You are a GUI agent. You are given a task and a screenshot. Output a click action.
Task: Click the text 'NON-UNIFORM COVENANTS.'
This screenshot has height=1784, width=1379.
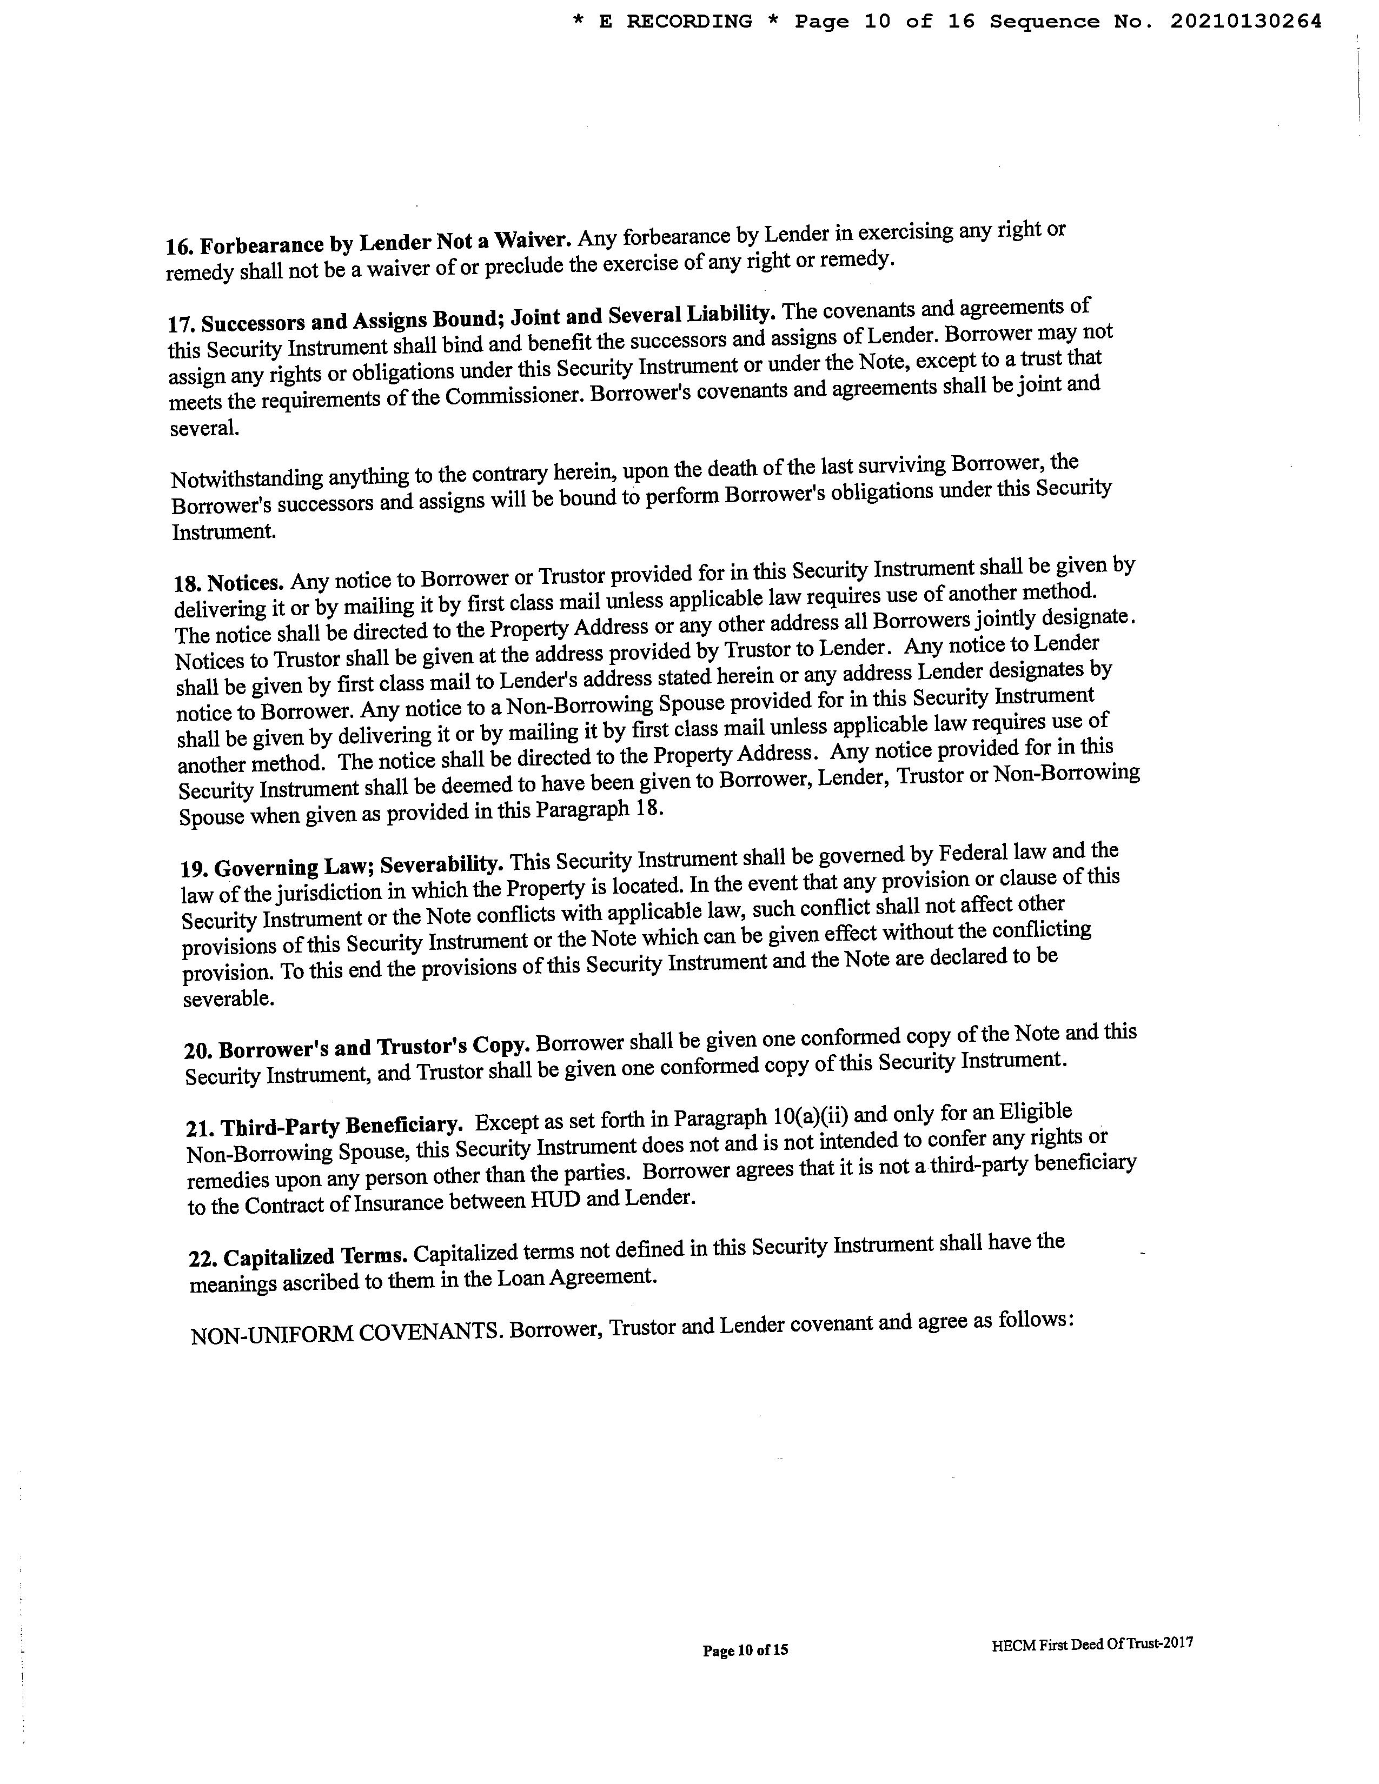click(x=347, y=1334)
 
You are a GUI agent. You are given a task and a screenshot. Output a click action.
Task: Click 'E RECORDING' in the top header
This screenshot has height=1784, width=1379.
click(x=675, y=22)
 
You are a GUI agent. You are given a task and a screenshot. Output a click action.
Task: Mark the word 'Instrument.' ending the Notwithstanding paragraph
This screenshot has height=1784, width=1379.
click(x=223, y=532)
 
